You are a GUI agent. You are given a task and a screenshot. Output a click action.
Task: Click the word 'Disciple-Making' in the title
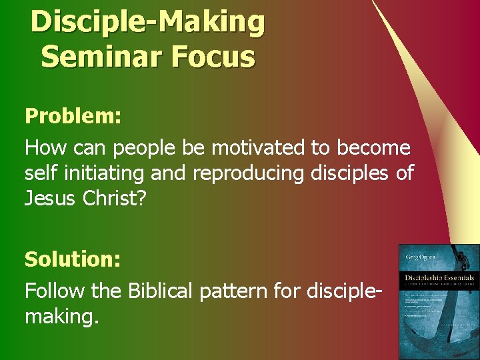pyautogui.click(x=147, y=22)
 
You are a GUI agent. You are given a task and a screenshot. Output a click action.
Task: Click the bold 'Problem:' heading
pyautogui.click(x=73, y=116)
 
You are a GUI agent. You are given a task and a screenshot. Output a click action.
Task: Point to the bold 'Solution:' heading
pyautogui.click(x=73, y=259)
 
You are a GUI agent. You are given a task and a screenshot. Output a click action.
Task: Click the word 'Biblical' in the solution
pyautogui.click(x=166, y=290)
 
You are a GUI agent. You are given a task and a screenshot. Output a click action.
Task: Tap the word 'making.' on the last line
pyautogui.click(x=62, y=317)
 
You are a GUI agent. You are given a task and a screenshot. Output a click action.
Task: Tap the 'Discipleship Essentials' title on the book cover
pyautogui.click(x=437, y=277)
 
